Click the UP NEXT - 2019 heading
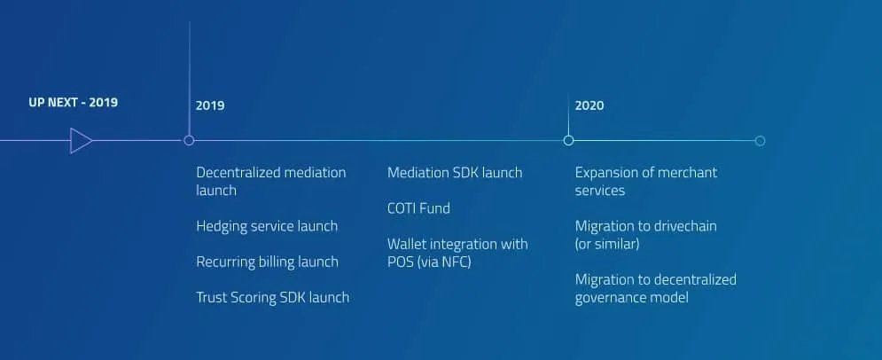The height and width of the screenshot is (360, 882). point(73,102)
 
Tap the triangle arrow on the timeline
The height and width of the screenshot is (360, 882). point(81,141)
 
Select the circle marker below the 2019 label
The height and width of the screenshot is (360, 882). point(189,141)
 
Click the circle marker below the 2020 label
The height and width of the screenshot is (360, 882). point(569,141)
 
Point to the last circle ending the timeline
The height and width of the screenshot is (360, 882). point(760,141)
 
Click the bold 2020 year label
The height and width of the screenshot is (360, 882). point(589,106)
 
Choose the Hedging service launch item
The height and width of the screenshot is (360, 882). point(267,226)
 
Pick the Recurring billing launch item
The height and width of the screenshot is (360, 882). point(267,262)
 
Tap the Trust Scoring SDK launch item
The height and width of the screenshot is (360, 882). point(273,298)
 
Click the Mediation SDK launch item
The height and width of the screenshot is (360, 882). point(455,173)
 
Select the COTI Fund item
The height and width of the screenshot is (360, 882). point(418,208)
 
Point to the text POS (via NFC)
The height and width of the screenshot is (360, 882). point(429,262)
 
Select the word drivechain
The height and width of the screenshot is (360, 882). point(683,226)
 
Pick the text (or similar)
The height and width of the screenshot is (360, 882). point(607,244)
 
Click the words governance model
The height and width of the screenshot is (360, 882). point(632,298)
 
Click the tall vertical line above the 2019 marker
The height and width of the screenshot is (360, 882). point(190,79)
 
